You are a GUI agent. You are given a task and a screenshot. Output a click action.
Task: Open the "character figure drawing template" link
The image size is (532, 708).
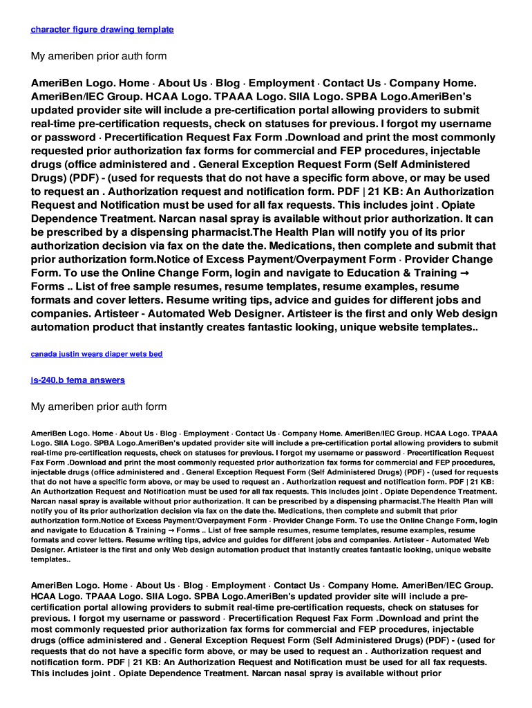pyautogui.click(x=102, y=30)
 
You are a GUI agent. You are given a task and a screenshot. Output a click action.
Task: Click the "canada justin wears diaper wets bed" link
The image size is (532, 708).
pyautogui.click(x=97, y=354)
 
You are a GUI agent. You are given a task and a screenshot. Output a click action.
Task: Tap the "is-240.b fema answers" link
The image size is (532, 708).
pyautogui.click(x=78, y=380)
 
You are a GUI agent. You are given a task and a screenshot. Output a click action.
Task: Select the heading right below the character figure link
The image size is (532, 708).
pyautogui.click(x=99, y=56)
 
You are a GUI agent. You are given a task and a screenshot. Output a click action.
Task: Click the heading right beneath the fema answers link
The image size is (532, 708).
pyautogui.click(x=99, y=407)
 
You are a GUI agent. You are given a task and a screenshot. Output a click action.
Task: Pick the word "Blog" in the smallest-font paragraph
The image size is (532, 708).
pyautogui.click(x=168, y=434)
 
